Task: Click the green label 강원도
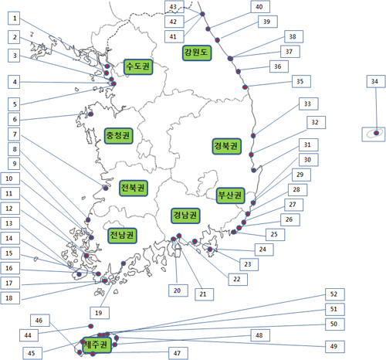tap(197, 53)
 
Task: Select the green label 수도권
tap(138, 67)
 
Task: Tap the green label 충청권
tap(119, 136)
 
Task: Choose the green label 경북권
tap(227, 146)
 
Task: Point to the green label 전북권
tap(134, 188)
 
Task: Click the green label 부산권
tap(230, 195)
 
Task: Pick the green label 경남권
tap(185, 216)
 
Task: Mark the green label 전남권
tap(122, 236)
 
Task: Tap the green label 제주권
tap(96, 345)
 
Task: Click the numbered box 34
tap(376, 82)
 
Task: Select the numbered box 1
tap(14, 19)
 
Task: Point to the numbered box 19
tap(100, 313)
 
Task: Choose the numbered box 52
tap(335, 294)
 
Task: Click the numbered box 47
tap(178, 353)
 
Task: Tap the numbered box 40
tap(260, 7)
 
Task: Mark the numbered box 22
tap(238, 280)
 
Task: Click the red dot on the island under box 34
tap(376, 133)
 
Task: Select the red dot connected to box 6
tap(90, 114)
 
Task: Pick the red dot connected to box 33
tap(253, 136)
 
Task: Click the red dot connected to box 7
tap(106, 188)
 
